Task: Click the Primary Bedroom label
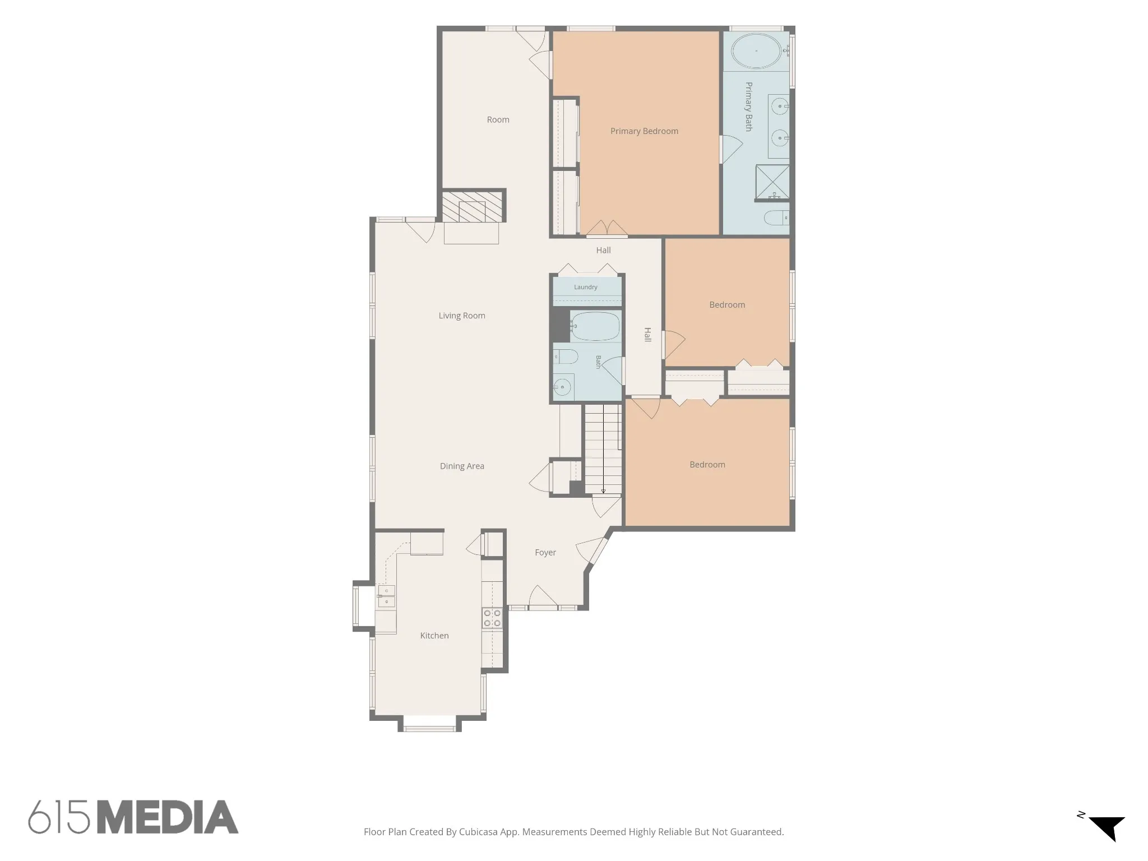coord(644,131)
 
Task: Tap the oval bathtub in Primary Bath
coord(757,51)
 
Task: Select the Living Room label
coord(462,316)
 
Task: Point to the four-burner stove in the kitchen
coord(492,618)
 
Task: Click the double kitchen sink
coord(386,596)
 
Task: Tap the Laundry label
coord(586,287)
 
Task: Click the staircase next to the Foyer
coord(603,449)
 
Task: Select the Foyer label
coord(545,553)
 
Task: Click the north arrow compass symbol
coord(1106,835)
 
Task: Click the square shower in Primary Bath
coord(772,183)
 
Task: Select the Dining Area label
coord(462,466)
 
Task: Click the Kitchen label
coord(434,636)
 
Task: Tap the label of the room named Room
coord(498,119)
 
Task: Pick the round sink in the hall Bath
coord(562,387)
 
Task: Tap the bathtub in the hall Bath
coord(595,326)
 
